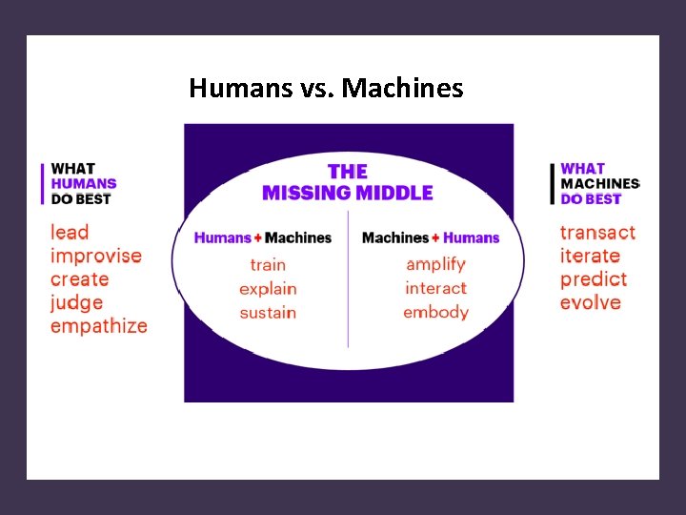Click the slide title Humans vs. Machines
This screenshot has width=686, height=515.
click(x=326, y=89)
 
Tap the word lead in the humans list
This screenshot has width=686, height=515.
click(x=70, y=232)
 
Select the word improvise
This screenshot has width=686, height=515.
click(x=95, y=256)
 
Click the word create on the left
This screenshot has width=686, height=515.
click(x=80, y=278)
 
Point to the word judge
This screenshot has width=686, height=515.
click(x=77, y=302)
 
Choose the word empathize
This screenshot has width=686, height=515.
click(x=99, y=326)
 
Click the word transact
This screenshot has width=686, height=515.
click(x=597, y=233)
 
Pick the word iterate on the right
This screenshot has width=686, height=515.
click(x=590, y=256)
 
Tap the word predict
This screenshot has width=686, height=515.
click(x=594, y=279)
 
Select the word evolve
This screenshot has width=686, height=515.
click(x=591, y=302)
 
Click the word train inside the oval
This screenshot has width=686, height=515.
click(x=268, y=264)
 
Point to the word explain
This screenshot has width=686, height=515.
click(x=268, y=288)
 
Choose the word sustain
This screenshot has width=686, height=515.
click(x=268, y=312)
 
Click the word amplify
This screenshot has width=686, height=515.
click(x=435, y=264)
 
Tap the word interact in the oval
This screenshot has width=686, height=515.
click(x=435, y=288)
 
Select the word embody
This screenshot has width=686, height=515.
click(x=435, y=312)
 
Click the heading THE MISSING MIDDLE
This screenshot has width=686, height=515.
click(x=347, y=182)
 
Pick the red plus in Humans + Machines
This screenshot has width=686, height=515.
click(x=257, y=238)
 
